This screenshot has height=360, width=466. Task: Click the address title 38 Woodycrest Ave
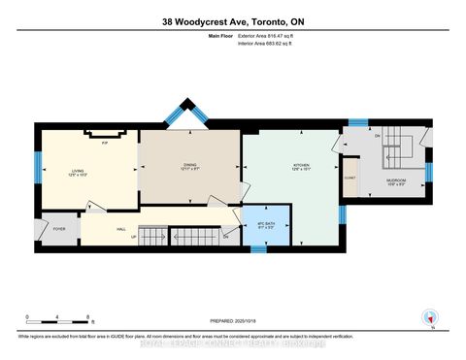click(x=233, y=21)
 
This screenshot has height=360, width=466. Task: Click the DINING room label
click(x=190, y=166)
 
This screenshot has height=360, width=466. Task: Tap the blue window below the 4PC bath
click(x=259, y=248)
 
